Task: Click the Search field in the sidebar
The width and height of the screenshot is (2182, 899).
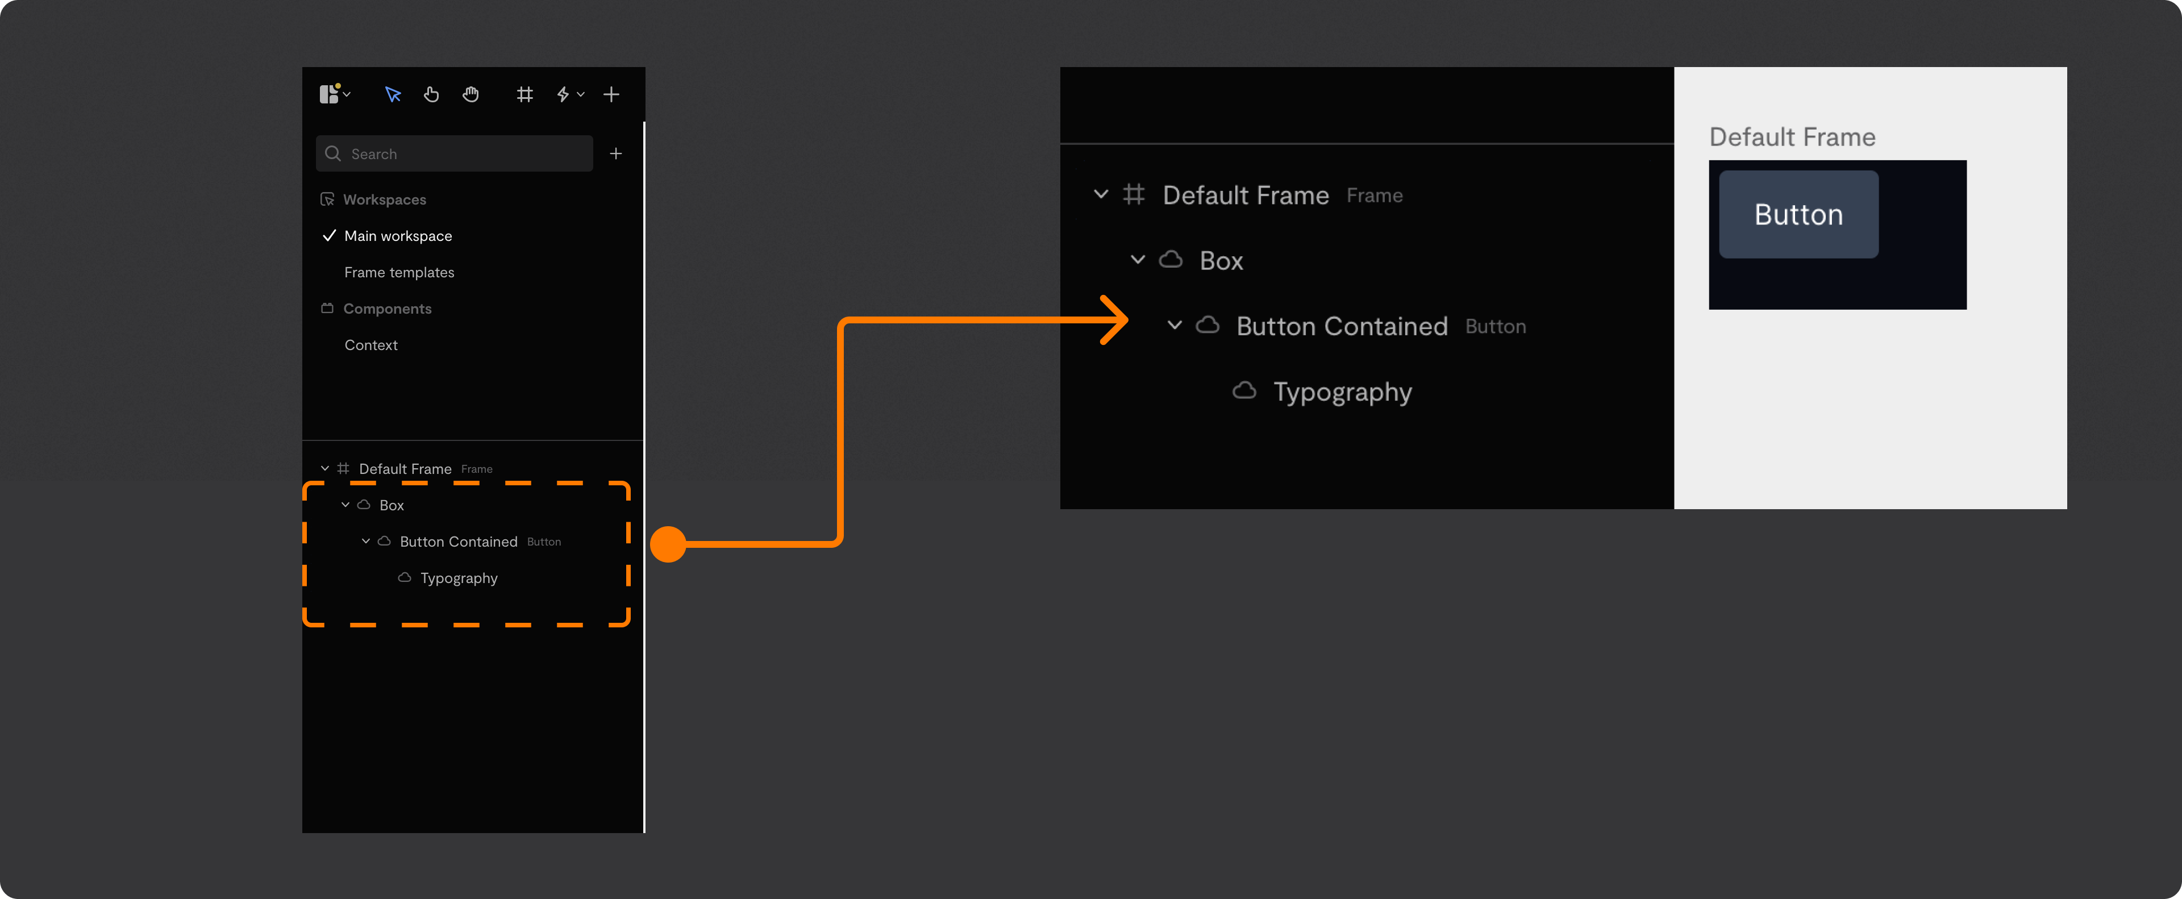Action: coord(454,153)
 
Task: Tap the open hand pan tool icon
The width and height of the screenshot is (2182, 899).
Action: coord(471,94)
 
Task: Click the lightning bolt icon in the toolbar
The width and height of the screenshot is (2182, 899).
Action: coord(563,94)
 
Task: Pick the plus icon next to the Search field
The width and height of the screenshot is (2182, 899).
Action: coord(616,153)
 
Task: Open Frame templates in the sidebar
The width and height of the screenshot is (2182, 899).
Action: coord(399,272)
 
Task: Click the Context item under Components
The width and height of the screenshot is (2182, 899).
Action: coord(371,345)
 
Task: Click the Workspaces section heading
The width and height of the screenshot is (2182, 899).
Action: coord(385,199)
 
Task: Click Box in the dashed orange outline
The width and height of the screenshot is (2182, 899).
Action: coord(392,505)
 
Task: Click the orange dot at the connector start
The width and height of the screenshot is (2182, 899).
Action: coord(668,544)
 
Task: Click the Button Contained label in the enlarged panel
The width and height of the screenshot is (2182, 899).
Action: coord(1342,326)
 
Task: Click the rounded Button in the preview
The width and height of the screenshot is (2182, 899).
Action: coord(1798,214)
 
